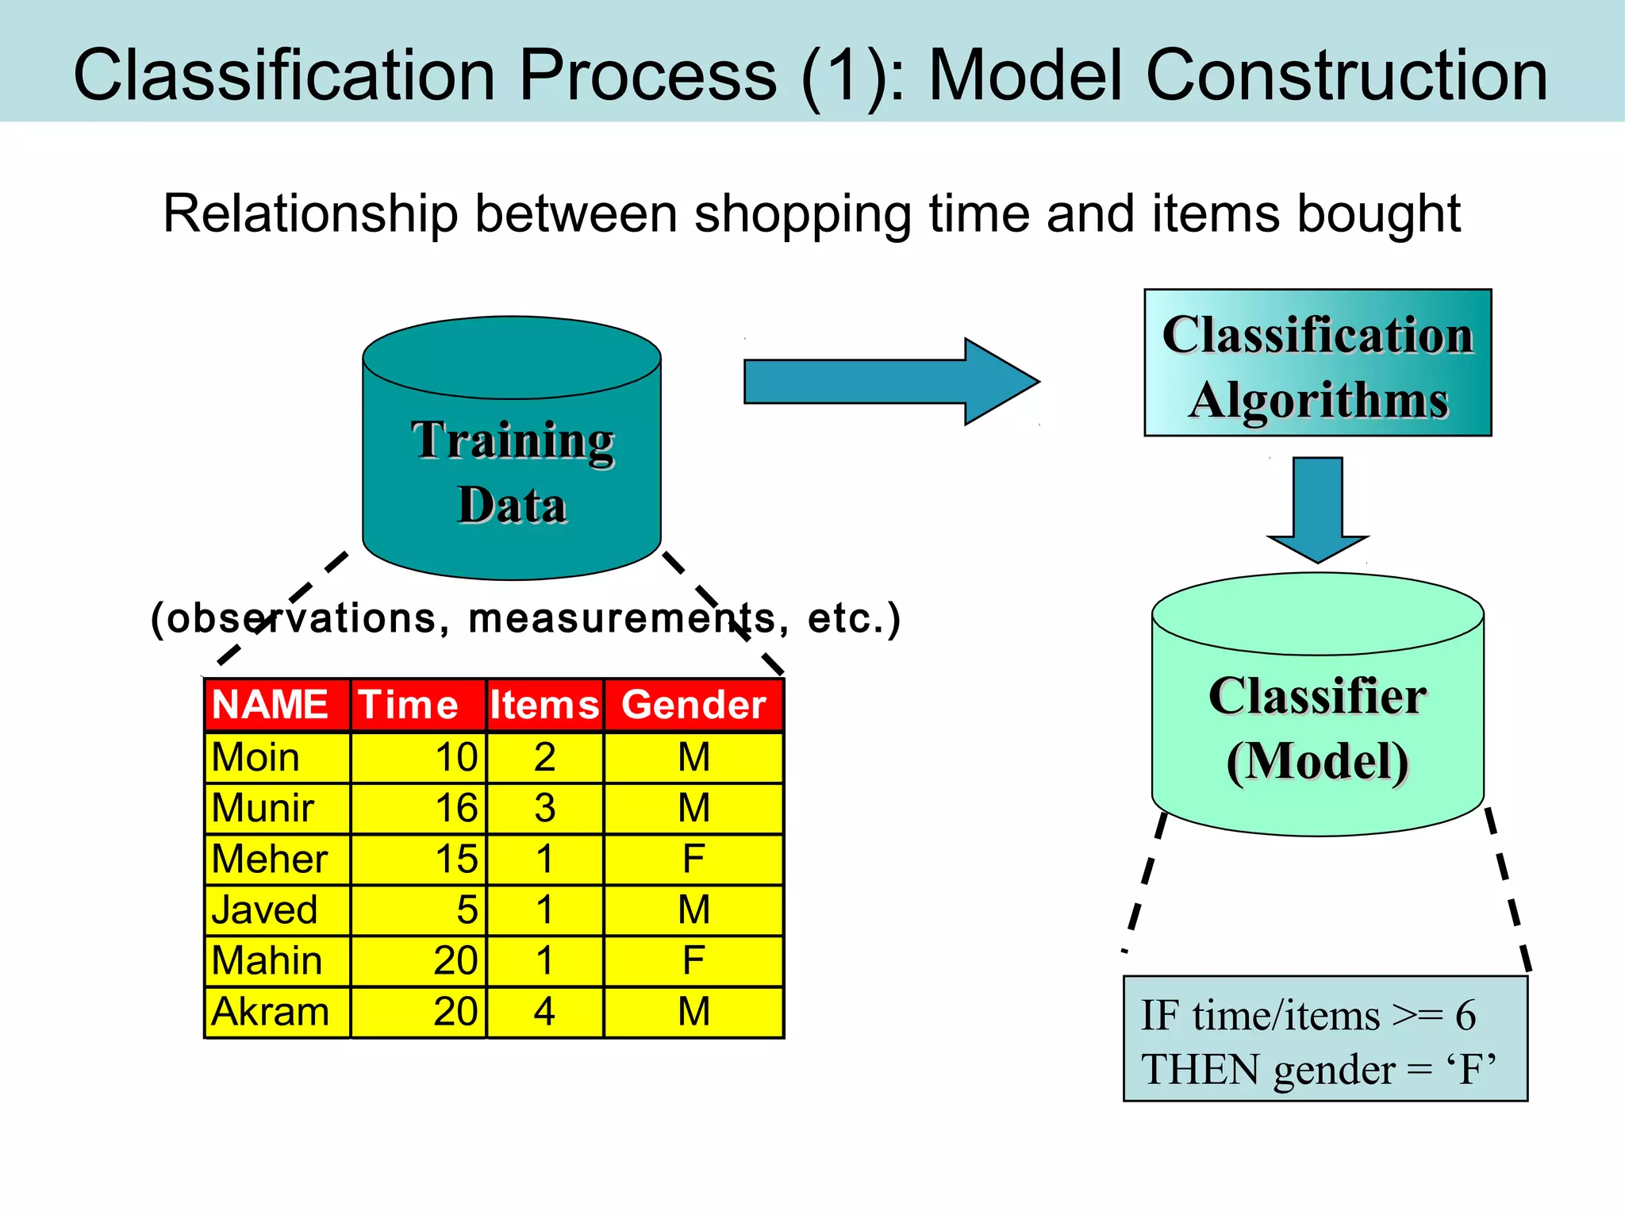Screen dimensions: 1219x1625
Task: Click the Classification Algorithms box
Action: click(1317, 363)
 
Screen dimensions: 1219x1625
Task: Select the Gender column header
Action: click(693, 705)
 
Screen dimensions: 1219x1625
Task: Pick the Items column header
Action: click(544, 705)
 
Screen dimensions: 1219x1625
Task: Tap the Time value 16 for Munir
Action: click(455, 809)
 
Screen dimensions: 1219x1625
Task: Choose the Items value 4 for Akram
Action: click(544, 1012)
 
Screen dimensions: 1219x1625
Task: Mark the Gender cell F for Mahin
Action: click(693, 961)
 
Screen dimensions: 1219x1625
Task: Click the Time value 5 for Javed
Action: click(467, 910)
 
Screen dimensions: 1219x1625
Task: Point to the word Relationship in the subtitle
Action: click(310, 214)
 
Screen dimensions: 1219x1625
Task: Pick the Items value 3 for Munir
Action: click(544, 809)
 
